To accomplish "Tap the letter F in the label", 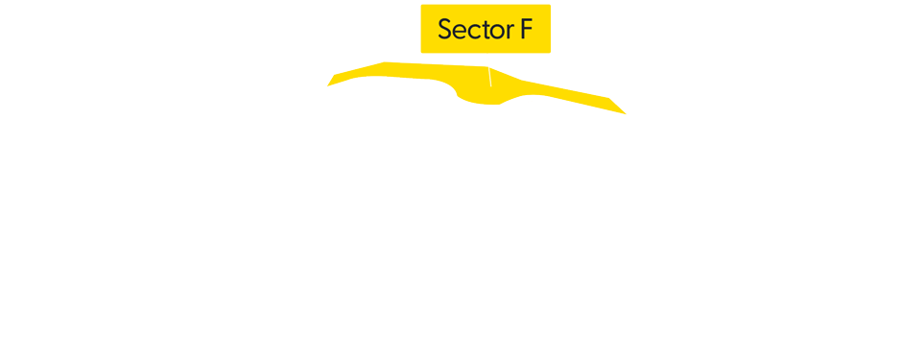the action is [x=527, y=29].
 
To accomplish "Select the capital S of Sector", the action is [x=445, y=29].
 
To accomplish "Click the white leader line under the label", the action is [x=488, y=69].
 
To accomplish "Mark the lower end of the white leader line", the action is [x=491, y=85].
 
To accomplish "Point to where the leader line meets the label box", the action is [x=486, y=54].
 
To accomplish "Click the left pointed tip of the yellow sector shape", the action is [x=327, y=85].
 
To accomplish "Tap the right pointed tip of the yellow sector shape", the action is [x=626, y=113].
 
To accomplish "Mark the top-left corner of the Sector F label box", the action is [x=421, y=5].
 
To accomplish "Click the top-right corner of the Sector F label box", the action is [x=551, y=5].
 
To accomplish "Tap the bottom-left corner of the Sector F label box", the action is [x=421, y=53].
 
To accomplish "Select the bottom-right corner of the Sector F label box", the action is [x=551, y=53].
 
